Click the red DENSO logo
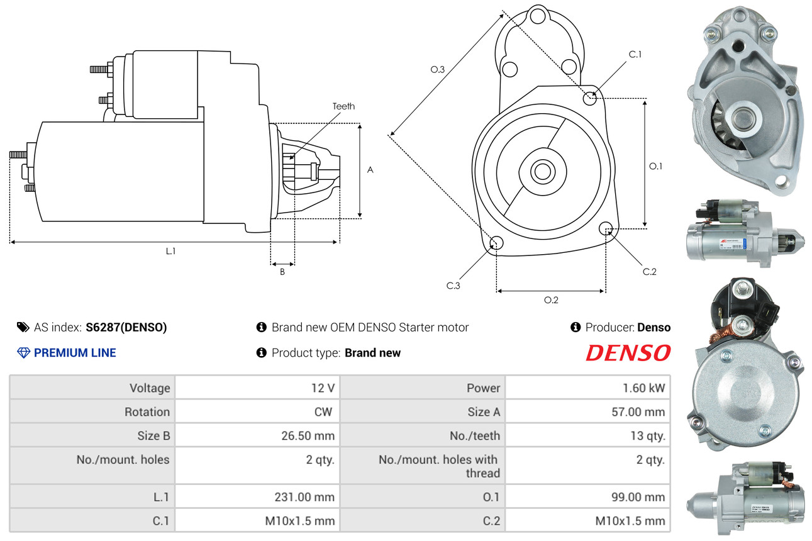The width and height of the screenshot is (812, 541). tap(628, 353)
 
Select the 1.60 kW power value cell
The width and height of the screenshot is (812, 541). tap(644, 388)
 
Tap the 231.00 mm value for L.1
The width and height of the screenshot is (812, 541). tap(304, 497)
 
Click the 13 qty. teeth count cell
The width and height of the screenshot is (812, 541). tap(648, 435)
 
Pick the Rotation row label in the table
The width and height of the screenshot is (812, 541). tap(147, 412)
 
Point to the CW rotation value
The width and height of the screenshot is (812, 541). tap(323, 412)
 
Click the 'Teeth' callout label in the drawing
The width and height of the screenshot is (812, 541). tap(343, 106)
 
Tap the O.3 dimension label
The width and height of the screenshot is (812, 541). tap(438, 69)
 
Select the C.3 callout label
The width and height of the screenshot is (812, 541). tap(453, 286)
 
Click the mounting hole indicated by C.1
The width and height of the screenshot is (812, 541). tap(590, 98)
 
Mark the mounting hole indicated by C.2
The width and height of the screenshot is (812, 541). tap(606, 228)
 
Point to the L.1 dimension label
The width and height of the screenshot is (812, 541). tap(170, 251)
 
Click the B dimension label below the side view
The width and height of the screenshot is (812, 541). tap(282, 272)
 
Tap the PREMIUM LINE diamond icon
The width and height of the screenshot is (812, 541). tap(23, 353)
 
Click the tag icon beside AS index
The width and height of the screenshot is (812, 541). tap(23, 327)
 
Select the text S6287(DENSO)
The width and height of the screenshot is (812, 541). tap(126, 327)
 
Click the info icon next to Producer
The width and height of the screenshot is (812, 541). tap(576, 327)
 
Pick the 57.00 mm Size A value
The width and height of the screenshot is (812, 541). tap(638, 412)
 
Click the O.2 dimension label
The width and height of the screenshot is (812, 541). tap(551, 300)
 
